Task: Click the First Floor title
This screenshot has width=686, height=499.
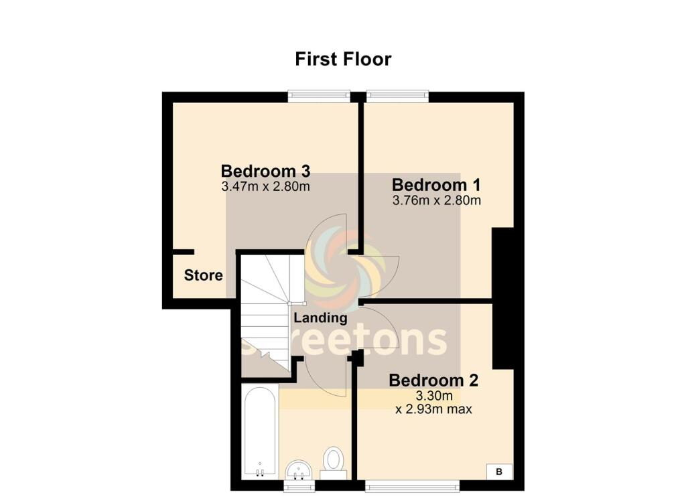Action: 343,59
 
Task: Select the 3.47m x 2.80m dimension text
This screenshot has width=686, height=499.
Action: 265,186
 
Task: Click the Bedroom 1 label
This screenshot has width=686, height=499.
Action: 437,184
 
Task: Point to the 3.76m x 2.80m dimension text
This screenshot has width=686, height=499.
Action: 437,200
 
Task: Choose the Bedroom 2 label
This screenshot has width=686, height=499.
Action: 434,380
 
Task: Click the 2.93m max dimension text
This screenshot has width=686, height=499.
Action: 434,408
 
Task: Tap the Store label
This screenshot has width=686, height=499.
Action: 203,275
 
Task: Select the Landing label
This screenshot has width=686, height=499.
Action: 321,318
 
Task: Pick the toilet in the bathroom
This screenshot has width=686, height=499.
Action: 333,462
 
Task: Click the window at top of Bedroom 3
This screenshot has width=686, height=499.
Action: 319,96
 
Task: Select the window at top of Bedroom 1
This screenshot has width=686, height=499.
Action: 397,96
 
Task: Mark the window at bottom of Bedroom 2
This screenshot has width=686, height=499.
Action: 412,484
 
